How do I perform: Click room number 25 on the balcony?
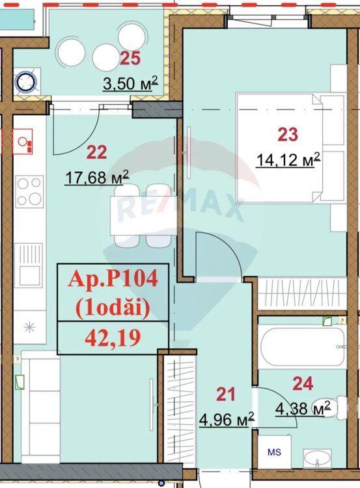[x=130, y=58]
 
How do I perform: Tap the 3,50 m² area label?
[x=130, y=83]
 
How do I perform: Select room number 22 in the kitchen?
[x=96, y=152]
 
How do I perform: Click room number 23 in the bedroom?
[x=288, y=135]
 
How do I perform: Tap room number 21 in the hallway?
[x=226, y=394]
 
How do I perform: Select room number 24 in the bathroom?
[x=303, y=384]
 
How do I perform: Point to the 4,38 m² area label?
[x=303, y=409]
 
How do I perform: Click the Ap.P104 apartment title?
[x=113, y=278]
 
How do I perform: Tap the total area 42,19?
[x=113, y=338]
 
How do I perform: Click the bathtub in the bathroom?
[x=302, y=346]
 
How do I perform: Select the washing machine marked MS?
[x=274, y=452]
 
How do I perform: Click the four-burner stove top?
[x=29, y=191]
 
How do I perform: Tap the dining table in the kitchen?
[x=143, y=215]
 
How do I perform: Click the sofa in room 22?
[x=40, y=408]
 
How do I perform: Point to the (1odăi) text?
[x=113, y=309]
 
